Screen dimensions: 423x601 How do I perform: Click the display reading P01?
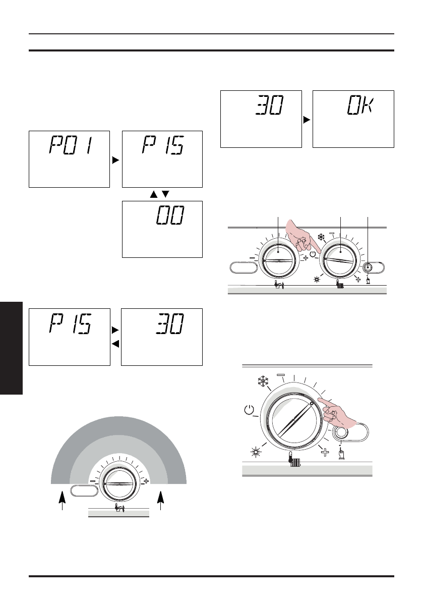(69, 159)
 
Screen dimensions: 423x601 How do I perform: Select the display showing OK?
(353, 119)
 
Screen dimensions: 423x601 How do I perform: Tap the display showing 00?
(162, 229)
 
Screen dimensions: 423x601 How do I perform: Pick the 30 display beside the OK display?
(261, 119)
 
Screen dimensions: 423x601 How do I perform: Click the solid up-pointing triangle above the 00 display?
(154, 194)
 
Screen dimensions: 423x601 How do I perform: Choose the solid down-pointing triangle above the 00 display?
(165, 194)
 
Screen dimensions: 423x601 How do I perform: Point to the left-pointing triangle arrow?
(115, 344)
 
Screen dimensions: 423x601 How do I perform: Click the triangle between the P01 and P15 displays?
(115, 160)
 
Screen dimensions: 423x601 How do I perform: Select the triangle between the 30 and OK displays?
(307, 120)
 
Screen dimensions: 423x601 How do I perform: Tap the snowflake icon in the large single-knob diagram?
(263, 381)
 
